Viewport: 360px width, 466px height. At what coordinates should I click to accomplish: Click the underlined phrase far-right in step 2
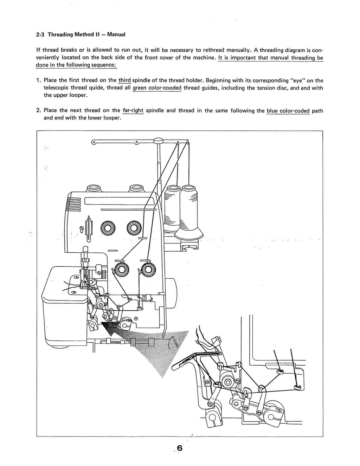point(133,111)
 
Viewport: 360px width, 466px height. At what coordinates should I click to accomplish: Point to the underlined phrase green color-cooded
point(157,88)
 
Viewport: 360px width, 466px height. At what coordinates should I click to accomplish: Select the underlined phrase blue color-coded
point(288,111)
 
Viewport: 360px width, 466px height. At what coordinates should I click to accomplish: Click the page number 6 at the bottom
point(180,448)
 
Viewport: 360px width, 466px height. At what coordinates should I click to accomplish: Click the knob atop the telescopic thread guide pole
point(158,140)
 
